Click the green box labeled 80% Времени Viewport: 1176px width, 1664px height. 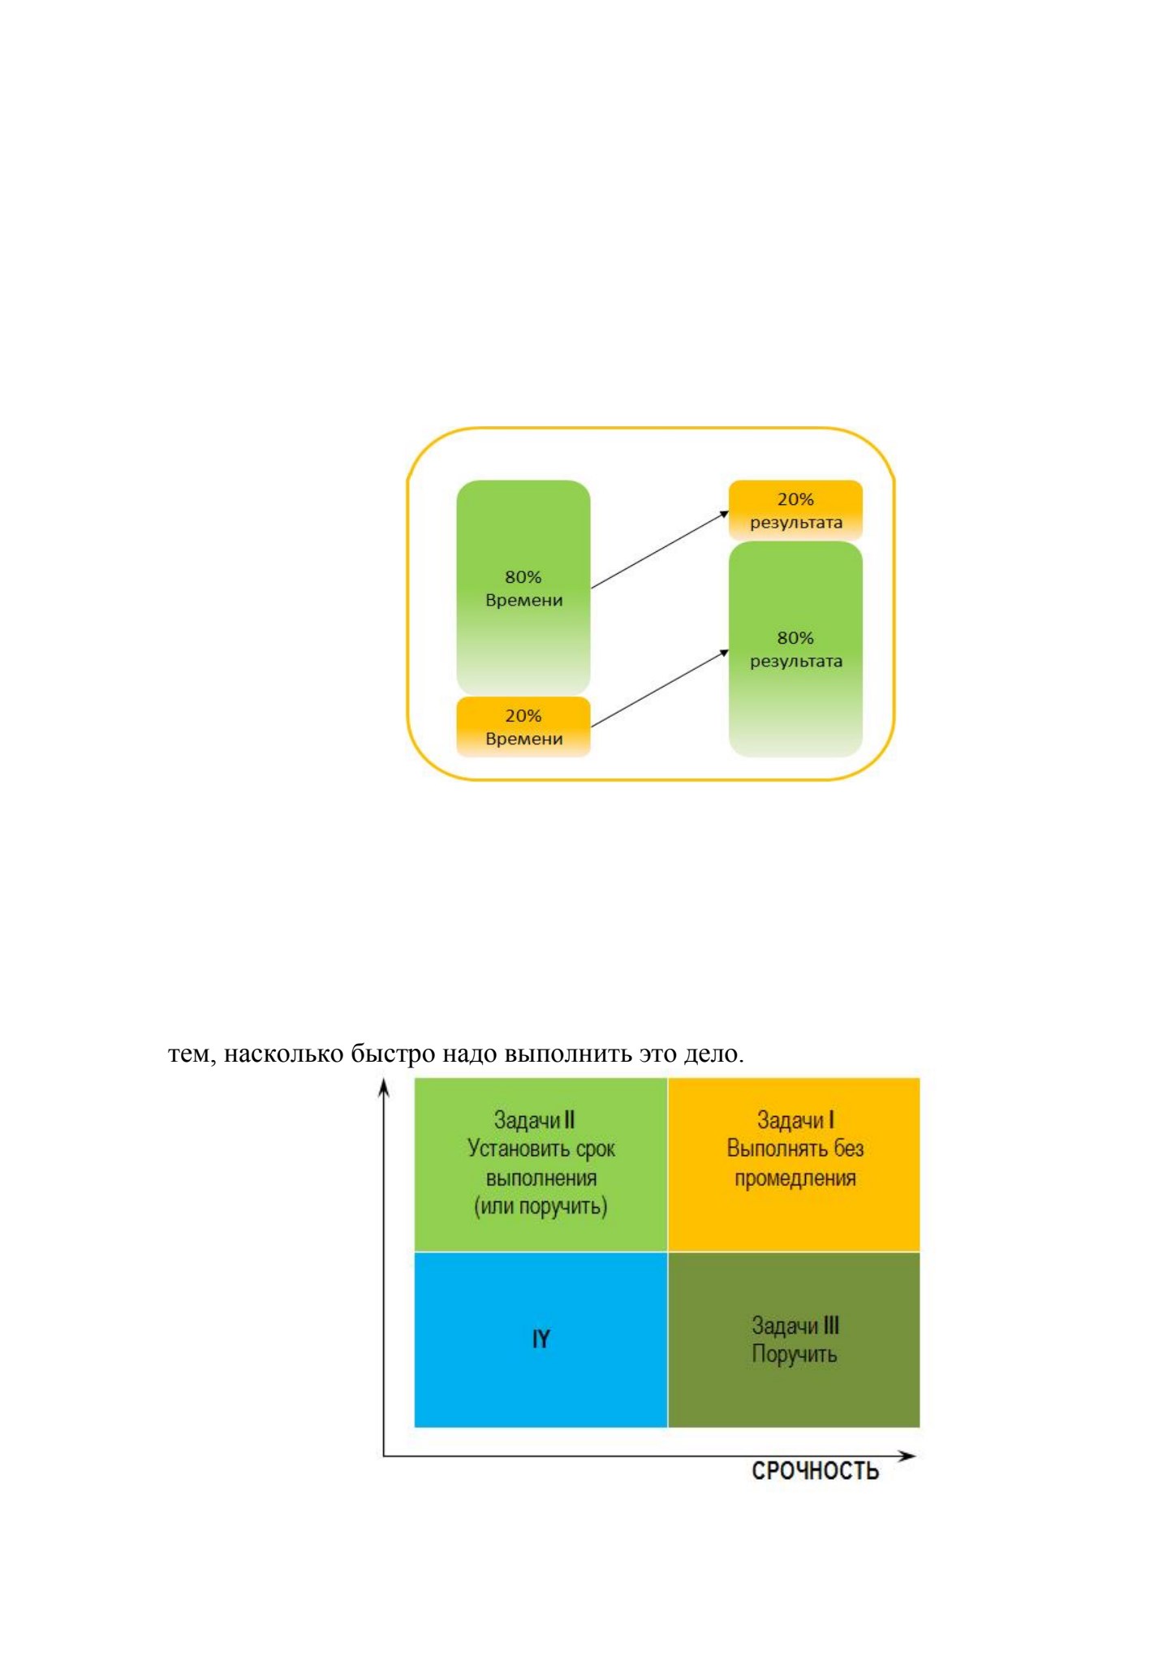(x=523, y=587)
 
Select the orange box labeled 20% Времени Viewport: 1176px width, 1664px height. (x=523, y=726)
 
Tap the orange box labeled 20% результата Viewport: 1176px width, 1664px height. (x=795, y=510)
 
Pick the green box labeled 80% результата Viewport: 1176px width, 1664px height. (x=795, y=649)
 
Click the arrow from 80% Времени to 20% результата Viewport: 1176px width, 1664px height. (x=660, y=550)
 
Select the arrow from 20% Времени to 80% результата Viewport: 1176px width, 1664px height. (x=660, y=688)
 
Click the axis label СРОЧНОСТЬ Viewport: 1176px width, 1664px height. (x=815, y=1471)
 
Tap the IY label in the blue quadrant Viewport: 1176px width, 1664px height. (x=541, y=1339)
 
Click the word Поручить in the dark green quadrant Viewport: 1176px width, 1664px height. (x=794, y=1354)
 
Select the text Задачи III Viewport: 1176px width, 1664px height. (x=795, y=1325)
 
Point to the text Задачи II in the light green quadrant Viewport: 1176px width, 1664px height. (x=535, y=1120)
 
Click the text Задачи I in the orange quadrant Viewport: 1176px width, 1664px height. (x=795, y=1120)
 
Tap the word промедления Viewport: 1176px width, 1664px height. (x=795, y=1179)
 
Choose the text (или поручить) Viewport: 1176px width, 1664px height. (x=541, y=1207)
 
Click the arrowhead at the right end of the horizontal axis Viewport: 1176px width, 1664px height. (x=907, y=1455)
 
